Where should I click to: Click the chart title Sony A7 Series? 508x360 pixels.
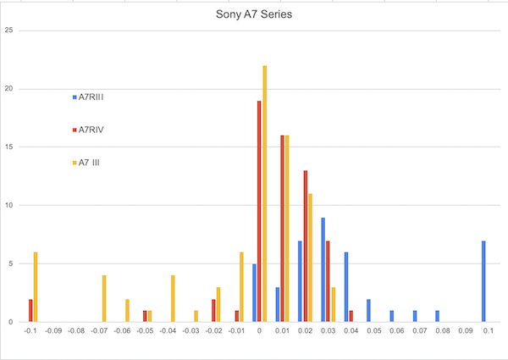(x=253, y=14)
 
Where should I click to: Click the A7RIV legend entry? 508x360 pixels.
(x=91, y=130)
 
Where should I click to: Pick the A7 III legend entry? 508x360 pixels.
(x=91, y=162)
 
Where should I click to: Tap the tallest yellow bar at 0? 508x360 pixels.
(x=265, y=194)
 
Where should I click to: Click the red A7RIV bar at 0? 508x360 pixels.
(x=259, y=212)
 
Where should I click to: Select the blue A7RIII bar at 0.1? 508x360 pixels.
(x=483, y=281)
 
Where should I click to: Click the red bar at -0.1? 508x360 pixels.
(x=30, y=310)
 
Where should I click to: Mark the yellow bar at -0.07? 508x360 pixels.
(x=104, y=298)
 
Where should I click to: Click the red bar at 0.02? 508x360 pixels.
(x=305, y=246)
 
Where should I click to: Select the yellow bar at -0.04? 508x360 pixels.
(x=173, y=298)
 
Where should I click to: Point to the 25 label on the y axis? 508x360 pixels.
(x=8, y=31)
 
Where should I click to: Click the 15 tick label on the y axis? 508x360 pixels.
(x=8, y=147)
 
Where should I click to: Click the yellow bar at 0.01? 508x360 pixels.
(x=287, y=229)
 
